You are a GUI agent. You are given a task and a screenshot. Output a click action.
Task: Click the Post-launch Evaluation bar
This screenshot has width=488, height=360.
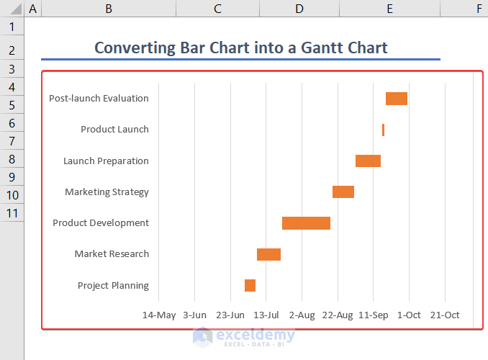click(x=397, y=99)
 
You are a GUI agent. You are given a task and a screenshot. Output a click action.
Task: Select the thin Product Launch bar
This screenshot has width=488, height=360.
click(x=383, y=130)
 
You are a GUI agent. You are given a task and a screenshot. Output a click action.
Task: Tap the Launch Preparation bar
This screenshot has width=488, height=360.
click(x=368, y=161)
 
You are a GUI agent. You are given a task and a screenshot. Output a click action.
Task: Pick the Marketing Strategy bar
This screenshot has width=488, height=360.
click(x=343, y=192)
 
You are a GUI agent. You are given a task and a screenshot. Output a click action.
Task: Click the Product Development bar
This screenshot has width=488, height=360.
click(x=306, y=223)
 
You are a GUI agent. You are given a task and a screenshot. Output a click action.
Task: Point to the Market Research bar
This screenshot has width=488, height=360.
click(x=268, y=254)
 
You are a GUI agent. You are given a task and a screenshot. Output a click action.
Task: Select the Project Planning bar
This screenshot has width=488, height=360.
click(x=250, y=285)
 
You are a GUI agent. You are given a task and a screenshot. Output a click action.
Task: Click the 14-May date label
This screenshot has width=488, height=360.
click(x=159, y=315)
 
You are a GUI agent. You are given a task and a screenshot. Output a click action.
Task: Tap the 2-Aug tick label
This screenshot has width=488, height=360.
click(x=302, y=315)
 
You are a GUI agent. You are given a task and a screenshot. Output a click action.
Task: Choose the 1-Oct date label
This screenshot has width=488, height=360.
click(x=409, y=315)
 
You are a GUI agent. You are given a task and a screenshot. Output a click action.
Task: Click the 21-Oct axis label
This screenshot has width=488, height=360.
click(x=445, y=315)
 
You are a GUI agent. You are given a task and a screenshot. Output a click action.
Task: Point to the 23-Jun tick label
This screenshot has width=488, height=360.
click(x=230, y=315)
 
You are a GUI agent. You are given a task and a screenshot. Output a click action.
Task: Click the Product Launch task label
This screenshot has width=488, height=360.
click(x=114, y=130)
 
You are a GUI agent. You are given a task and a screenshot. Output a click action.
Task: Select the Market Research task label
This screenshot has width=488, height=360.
click(x=112, y=254)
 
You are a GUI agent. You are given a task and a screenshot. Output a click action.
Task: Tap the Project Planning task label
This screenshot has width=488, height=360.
click(x=113, y=285)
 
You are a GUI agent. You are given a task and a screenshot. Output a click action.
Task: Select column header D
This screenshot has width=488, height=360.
click(x=299, y=9)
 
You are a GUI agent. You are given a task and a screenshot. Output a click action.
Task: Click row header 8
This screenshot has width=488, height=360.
click(x=12, y=159)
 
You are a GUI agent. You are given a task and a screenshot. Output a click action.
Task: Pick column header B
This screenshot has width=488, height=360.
click(x=108, y=9)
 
